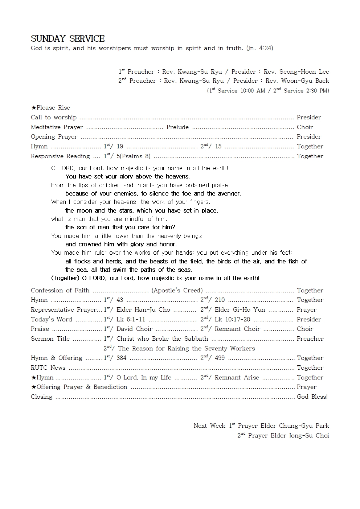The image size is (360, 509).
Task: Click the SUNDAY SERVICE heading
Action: (68, 39)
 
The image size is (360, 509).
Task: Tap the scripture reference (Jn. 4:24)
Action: (259, 48)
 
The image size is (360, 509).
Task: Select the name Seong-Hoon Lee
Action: (304, 72)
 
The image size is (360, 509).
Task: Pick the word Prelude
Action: (177, 127)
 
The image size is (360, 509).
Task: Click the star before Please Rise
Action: (33, 108)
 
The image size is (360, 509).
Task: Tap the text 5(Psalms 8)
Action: (134, 156)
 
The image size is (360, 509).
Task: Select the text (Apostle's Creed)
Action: (177, 291)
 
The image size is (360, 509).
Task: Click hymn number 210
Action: (220, 300)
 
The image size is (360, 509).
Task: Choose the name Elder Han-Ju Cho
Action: (143, 310)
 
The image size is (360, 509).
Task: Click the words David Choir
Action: (134, 329)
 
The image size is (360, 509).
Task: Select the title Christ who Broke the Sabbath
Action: (162, 339)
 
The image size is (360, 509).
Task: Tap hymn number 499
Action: (220, 358)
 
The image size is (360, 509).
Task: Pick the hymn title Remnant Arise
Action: (237, 378)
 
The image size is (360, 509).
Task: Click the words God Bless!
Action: (312, 397)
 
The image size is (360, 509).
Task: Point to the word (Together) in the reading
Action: (65, 278)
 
